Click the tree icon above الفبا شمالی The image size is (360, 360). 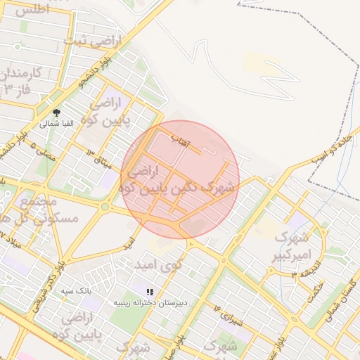[x=56, y=112]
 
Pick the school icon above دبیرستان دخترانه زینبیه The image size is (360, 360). [x=149, y=291]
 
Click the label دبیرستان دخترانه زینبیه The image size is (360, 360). [x=153, y=302]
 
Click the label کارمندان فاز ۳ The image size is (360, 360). [x=21, y=81]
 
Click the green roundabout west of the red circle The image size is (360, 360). [x=106, y=207]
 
